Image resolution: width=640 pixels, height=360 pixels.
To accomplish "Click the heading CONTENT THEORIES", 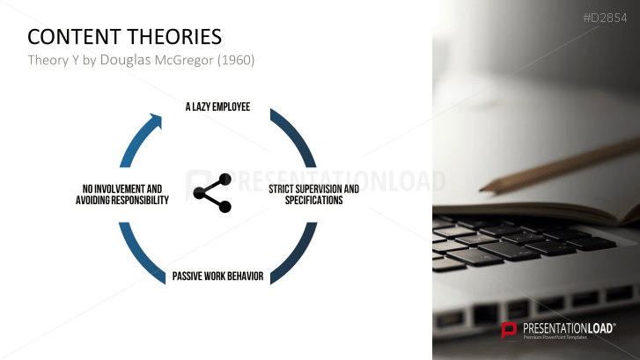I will (124, 36).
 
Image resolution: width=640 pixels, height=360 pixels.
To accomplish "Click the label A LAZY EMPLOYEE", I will (217, 107).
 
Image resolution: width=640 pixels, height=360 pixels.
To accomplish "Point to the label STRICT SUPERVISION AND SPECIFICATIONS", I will (313, 195).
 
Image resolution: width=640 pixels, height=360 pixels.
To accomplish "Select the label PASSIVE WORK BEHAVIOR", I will (217, 276).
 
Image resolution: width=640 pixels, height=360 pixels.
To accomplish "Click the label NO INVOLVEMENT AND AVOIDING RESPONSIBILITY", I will (121, 195).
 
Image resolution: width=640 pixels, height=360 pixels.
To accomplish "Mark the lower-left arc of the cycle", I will (140, 253).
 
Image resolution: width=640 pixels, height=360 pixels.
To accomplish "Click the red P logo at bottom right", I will (509, 331).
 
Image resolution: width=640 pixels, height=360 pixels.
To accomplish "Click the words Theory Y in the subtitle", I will (51, 60).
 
